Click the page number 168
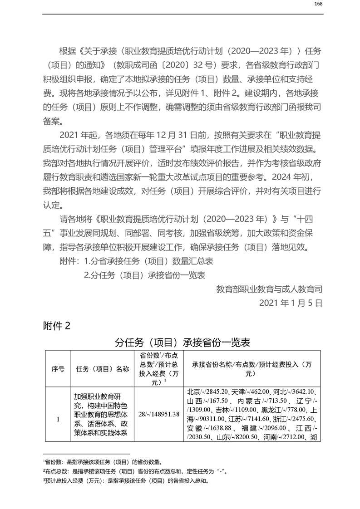(x=318, y=4)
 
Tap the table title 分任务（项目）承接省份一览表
(x=182, y=342)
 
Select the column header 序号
(x=58, y=369)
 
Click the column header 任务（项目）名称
(x=103, y=369)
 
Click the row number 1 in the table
(x=58, y=419)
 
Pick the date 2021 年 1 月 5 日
(x=291, y=303)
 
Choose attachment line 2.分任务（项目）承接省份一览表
(x=145, y=275)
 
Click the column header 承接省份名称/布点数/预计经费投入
(x=252, y=369)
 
